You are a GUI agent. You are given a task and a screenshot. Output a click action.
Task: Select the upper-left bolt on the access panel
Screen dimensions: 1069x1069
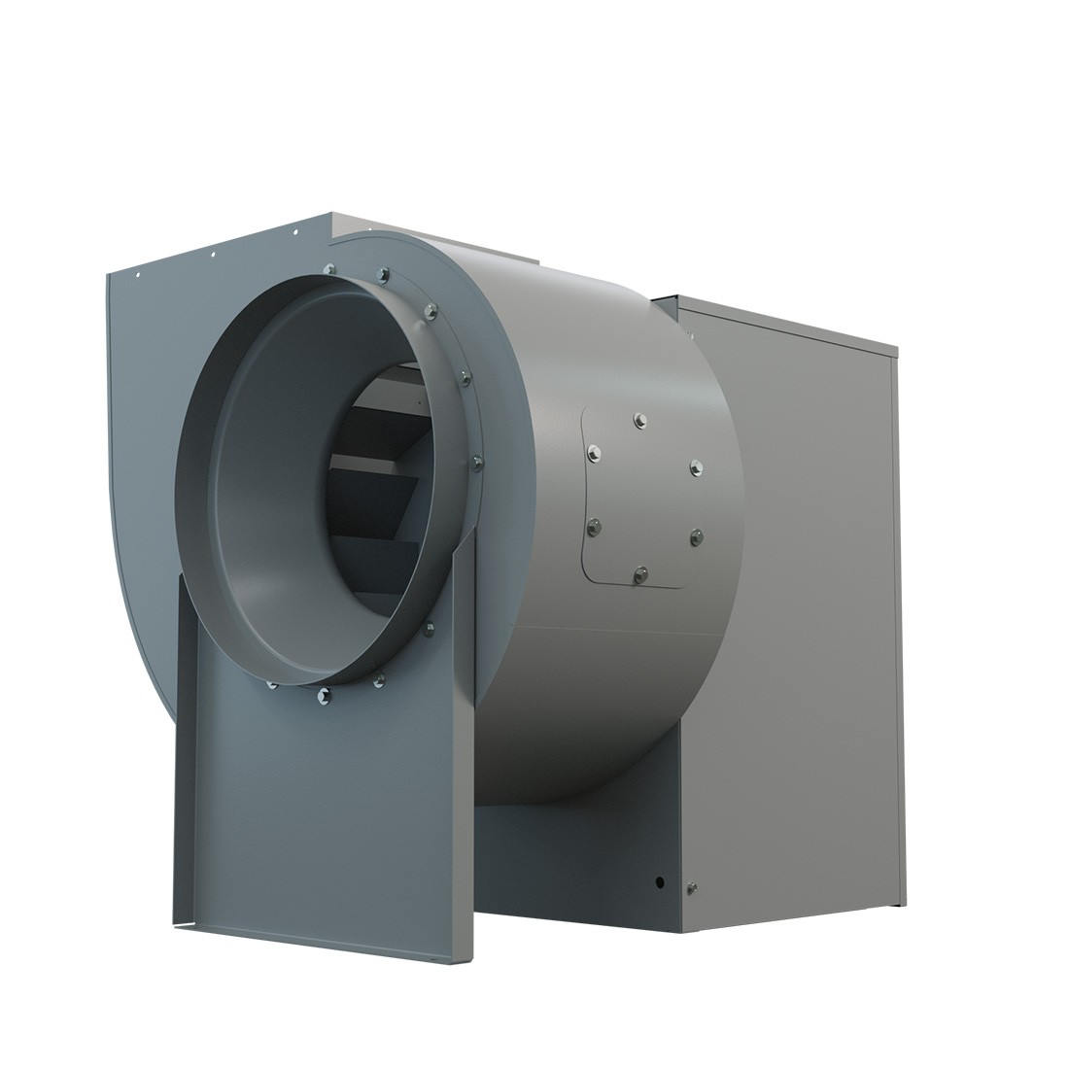[592, 451]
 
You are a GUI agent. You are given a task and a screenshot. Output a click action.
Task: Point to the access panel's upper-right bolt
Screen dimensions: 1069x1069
[695, 467]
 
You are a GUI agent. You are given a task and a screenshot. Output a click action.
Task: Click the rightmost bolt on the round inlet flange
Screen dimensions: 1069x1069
[476, 462]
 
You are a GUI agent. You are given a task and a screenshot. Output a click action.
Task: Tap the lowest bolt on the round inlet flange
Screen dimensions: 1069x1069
[324, 694]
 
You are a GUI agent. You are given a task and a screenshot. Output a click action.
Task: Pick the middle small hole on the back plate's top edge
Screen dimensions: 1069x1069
[212, 257]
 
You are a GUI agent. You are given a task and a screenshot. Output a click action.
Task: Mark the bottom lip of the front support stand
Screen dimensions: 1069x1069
[311, 938]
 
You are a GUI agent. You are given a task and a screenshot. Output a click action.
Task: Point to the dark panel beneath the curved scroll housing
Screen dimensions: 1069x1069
[573, 855]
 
